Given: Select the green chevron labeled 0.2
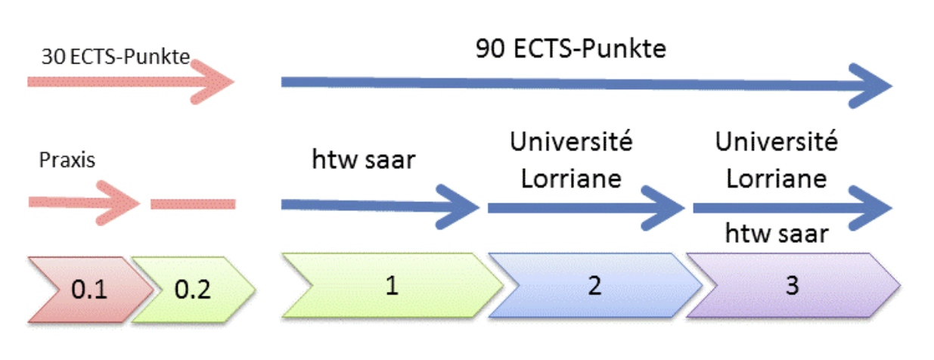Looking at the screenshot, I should click(193, 288).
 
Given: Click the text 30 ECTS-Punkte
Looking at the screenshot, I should click(115, 58).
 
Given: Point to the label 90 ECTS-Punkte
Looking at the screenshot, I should click(571, 49).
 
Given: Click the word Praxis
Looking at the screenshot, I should click(66, 160).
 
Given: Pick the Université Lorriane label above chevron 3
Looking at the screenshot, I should click(777, 160).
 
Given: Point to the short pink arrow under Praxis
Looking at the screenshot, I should click(83, 203).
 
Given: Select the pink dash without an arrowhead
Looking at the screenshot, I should click(193, 203).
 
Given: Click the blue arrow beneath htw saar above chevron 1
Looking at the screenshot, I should click(378, 205).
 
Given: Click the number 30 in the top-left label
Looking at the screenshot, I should click(52, 58).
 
